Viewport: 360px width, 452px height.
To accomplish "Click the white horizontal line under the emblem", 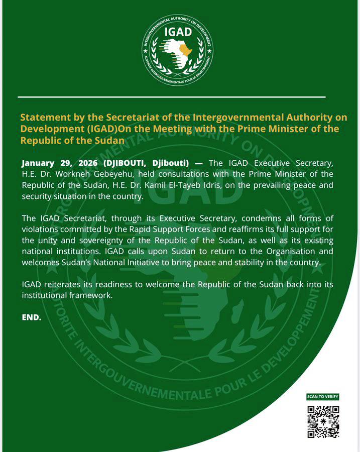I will coord(171,96).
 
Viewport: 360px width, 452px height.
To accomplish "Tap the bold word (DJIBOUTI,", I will coord(124,163).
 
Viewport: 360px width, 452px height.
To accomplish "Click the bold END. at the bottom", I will coord(31,317).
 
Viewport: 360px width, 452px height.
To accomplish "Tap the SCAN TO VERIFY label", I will coord(323,397).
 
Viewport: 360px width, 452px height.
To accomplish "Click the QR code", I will coord(323,421).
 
